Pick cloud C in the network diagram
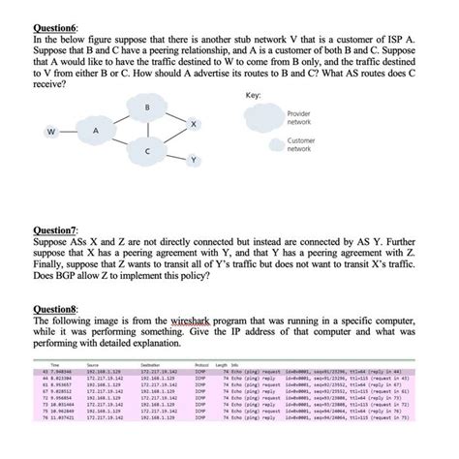tap(147, 153)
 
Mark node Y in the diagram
tap(194, 159)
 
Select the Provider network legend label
tap(300, 118)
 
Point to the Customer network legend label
tap(301, 144)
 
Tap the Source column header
tap(93, 364)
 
